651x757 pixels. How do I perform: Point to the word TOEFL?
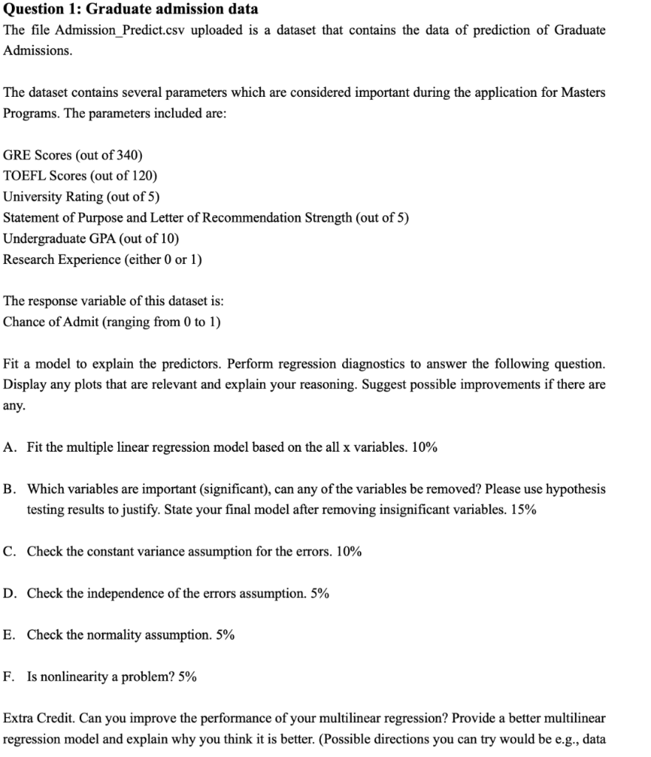point(22,176)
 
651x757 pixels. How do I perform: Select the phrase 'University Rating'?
point(53,197)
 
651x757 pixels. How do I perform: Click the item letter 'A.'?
point(9,447)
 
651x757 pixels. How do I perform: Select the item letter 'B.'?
point(9,489)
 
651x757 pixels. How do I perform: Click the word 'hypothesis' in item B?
point(575,489)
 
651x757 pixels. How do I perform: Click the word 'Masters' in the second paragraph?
point(583,92)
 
